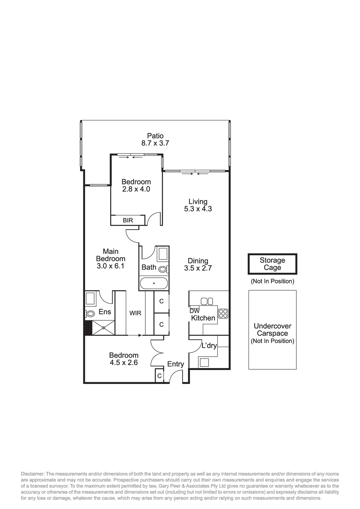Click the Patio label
[155, 136]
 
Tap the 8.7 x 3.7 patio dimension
[155, 143]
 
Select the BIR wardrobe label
[128, 220]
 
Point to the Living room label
[198, 201]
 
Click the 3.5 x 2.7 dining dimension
[198, 268]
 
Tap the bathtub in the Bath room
[154, 283]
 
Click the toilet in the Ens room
[90, 314]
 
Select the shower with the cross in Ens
[103, 328]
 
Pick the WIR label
[135, 313]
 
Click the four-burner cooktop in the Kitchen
[223, 314]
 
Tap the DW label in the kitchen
[194, 311]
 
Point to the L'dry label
[209, 346]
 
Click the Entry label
[176, 364]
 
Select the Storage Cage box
[272, 264]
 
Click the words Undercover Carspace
[272, 330]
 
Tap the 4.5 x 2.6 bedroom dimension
[124, 362]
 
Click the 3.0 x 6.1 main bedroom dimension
[111, 266]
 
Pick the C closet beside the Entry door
[159, 376]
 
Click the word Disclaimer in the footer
[32, 474]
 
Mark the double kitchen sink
[207, 301]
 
